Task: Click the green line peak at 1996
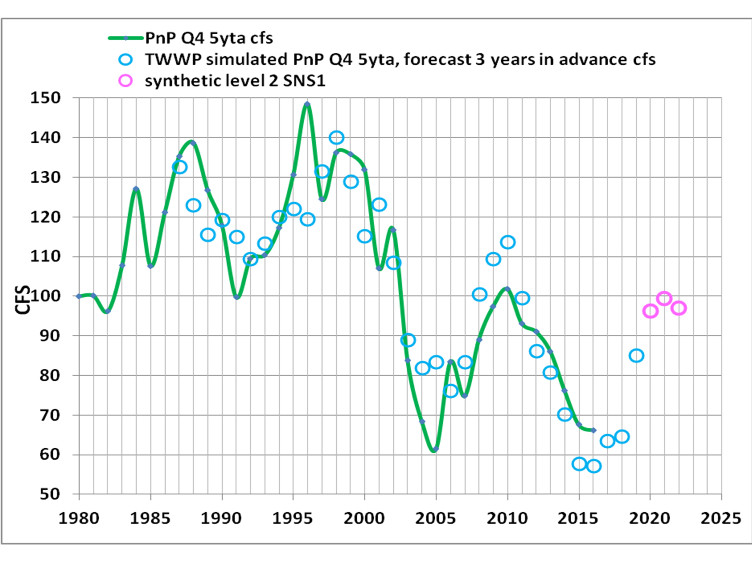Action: click(x=307, y=104)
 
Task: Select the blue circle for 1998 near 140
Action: click(x=336, y=137)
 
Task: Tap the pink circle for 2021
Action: click(x=664, y=299)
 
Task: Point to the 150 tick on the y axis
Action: click(x=46, y=98)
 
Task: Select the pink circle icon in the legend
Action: click(x=125, y=80)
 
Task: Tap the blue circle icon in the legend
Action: click(x=125, y=60)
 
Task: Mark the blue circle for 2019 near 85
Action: click(x=636, y=356)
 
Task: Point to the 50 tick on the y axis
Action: click(x=50, y=494)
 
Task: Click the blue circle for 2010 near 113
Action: click(x=508, y=242)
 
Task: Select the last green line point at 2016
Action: click(x=593, y=430)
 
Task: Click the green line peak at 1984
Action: click(x=136, y=189)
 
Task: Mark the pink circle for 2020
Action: click(x=650, y=311)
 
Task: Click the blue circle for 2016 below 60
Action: click(x=594, y=466)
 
